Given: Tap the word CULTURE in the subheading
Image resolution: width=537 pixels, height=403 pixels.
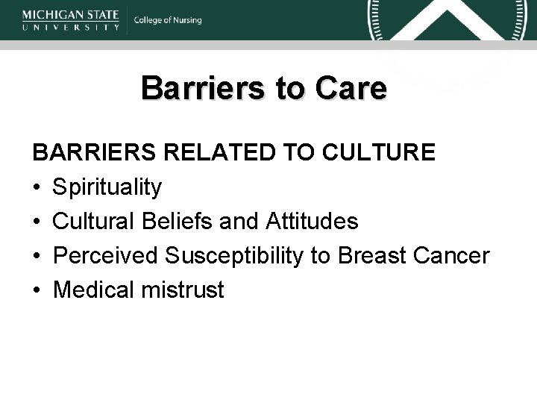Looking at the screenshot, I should coord(380,153).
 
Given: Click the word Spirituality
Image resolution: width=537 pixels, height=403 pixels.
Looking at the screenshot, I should coord(107,187).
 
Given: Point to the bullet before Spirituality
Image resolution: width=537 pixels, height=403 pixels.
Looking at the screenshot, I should coord(37,188).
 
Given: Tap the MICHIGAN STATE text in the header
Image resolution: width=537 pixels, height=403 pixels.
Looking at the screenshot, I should coord(71,14).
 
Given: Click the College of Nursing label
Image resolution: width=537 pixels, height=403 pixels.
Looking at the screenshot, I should coord(168,20).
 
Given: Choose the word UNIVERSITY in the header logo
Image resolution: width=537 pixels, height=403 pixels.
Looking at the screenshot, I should coord(71,27).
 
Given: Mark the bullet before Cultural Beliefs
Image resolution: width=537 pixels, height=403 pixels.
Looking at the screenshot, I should coord(37,222).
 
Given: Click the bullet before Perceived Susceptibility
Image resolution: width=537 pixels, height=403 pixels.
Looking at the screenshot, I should coord(37,257).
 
